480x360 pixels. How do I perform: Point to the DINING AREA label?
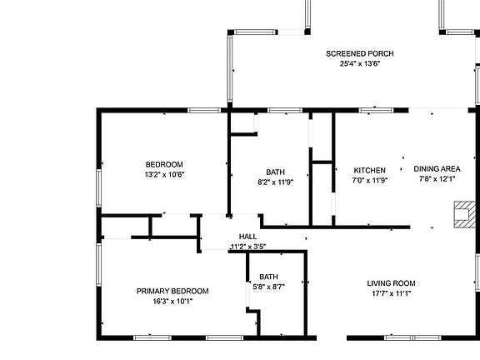(437, 169)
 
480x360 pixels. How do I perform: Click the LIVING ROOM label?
(392, 282)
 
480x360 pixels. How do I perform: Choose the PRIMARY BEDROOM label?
(172, 291)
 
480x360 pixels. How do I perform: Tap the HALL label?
(247, 237)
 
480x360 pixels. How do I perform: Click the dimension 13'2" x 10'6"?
(164, 175)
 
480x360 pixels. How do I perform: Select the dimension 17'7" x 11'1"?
(392, 293)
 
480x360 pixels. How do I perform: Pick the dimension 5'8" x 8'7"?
(268, 287)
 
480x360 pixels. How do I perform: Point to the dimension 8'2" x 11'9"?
(276, 182)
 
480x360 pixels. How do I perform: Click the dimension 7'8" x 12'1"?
(437, 179)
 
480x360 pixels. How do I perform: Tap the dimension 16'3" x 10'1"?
(172, 302)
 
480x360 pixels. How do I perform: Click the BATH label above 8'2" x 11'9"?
(276, 172)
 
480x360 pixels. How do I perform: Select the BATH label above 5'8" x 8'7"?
(268, 277)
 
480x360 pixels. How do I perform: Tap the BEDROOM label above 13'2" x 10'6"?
(164, 164)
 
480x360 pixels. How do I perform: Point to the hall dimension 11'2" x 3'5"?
(247, 247)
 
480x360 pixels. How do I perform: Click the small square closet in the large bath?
(242, 123)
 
